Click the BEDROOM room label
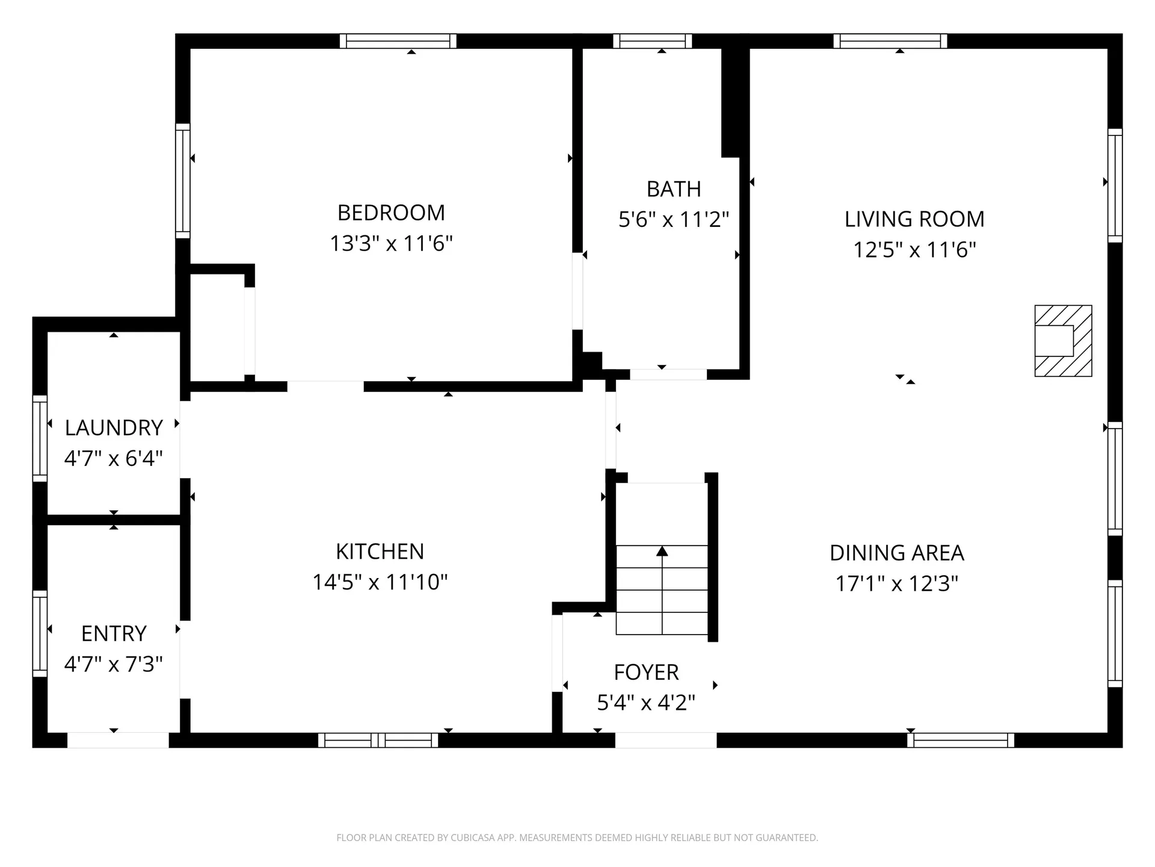click(391, 213)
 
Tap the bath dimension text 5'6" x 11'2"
click(673, 220)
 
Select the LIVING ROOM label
click(914, 219)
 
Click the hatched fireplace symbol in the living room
click(1063, 341)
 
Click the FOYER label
click(646, 672)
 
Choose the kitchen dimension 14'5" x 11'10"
click(380, 582)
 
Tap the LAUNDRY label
click(114, 428)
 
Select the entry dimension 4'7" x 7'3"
click(114, 664)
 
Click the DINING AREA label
click(896, 553)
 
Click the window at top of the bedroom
click(398, 41)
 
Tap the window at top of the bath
click(653, 41)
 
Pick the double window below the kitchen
click(378, 740)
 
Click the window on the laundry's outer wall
click(40, 438)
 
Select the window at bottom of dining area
click(961, 740)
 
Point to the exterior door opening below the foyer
click(665, 740)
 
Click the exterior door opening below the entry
click(118, 740)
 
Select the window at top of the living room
click(890, 41)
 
